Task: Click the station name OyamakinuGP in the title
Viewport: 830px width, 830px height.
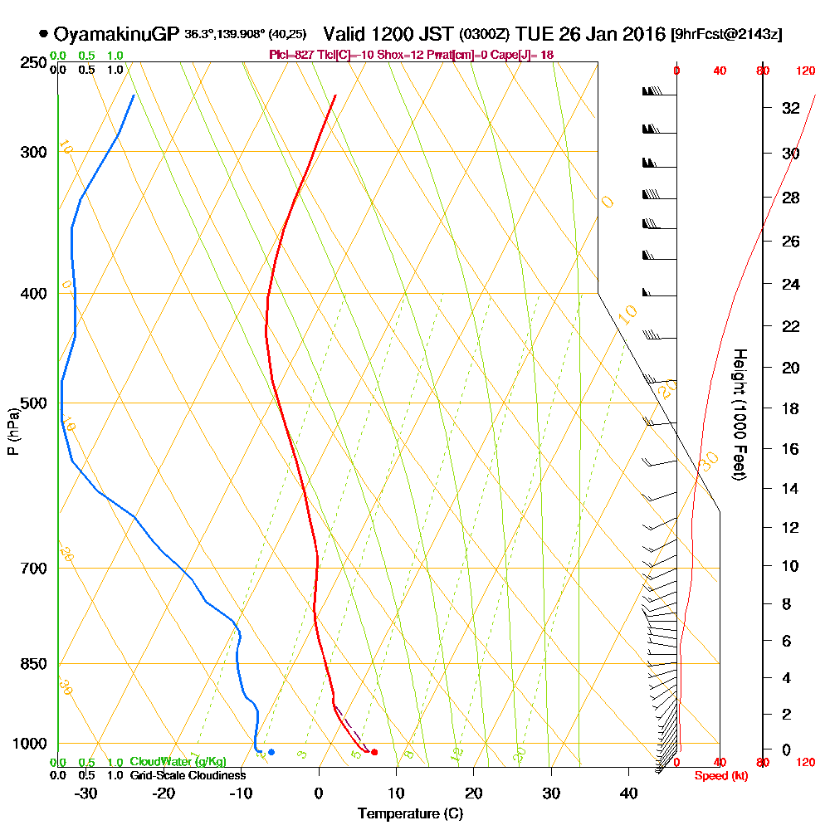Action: pyautogui.click(x=116, y=34)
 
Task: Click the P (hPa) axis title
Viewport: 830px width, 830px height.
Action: pyautogui.click(x=12, y=432)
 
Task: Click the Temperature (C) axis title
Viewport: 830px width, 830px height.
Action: pyautogui.click(x=409, y=814)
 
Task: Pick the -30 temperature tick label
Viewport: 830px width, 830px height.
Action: pyautogui.click(x=86, y=793)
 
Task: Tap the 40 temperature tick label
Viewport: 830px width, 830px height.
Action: pyautogui.click(x=628, y=793)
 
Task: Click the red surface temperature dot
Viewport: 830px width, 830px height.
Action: pyautogui.click(x=374, y=752)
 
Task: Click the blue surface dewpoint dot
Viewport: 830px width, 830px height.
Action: pyautogui.click(x=271, y=752)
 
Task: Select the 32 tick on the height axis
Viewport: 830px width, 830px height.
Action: pyautogui.click(x=791, y=107)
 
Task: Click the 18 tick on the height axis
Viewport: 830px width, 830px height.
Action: pyautogui.click(x=791, y=408)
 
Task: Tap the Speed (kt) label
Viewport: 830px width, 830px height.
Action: pyautogui.click(x=719, y=775)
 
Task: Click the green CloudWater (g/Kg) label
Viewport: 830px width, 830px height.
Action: pyautogui.click(x=178, y=762)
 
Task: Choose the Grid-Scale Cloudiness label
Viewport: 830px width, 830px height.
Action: pyautogui.click(x=188, y=775)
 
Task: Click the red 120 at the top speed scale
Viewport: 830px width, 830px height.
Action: pyautogui.click(x=805, y=71)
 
